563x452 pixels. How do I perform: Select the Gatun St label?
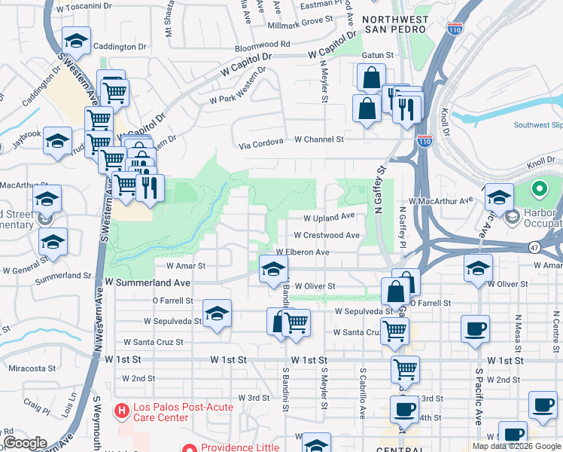379,55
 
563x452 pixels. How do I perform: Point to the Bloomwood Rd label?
262,44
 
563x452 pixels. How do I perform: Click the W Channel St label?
318,139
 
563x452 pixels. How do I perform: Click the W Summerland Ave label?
148,281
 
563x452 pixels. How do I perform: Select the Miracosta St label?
32,368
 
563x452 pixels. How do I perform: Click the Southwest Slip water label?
537,125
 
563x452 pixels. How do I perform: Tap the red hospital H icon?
120,411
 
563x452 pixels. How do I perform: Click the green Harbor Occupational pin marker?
539,189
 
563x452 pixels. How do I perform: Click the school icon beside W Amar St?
273,268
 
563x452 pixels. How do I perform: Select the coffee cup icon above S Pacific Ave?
474,329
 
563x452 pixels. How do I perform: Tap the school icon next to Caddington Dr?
75,39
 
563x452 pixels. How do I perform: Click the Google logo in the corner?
25,443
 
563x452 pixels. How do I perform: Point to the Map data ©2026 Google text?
516,446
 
